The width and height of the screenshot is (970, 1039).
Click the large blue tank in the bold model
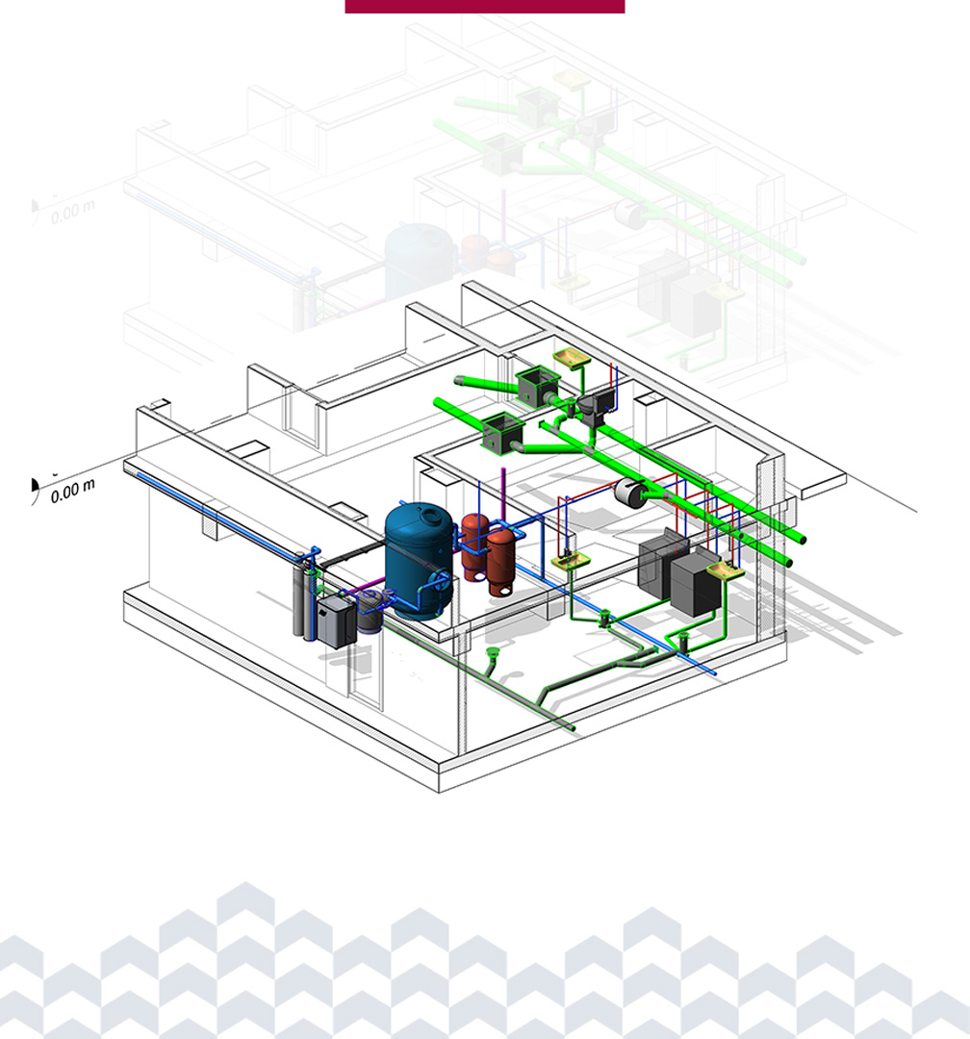(419, 560)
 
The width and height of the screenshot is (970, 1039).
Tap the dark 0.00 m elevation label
(72, 491)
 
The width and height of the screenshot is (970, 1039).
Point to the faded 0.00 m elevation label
(72, 212)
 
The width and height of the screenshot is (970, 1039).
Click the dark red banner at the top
(485, 7)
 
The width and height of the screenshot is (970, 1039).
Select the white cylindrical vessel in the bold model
(631, 493)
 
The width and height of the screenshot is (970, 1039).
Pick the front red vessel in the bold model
(501, 561)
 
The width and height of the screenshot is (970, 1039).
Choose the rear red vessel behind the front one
(474, 546)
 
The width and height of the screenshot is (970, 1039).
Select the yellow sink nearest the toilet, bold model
(572, 359)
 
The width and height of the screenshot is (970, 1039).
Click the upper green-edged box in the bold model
(538, 387)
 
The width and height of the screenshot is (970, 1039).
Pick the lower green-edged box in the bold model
(503, 433)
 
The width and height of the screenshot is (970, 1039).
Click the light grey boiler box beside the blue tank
(337, 621)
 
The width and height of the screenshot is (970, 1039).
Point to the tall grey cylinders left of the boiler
(304, 596)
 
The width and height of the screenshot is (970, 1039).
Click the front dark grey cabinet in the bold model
(695, 583)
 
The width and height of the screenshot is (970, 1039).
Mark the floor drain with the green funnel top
(492, 654)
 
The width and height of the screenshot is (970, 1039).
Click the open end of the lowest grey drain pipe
(572, 728)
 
